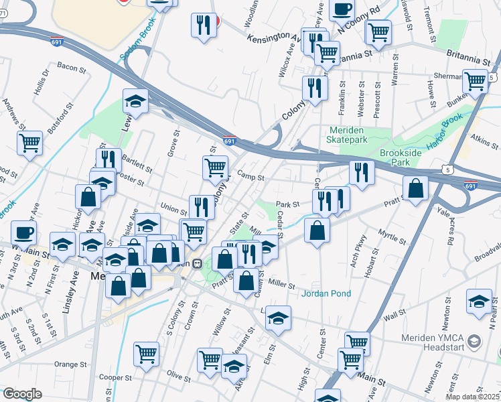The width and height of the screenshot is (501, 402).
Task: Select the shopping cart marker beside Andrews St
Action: (x=30, y=141)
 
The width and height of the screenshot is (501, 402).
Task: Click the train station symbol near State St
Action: (x=198, y=263)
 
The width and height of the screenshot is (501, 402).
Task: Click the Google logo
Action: (x=22, y=393)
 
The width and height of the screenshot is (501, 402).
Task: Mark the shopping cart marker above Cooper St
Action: (x=146, y=353)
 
